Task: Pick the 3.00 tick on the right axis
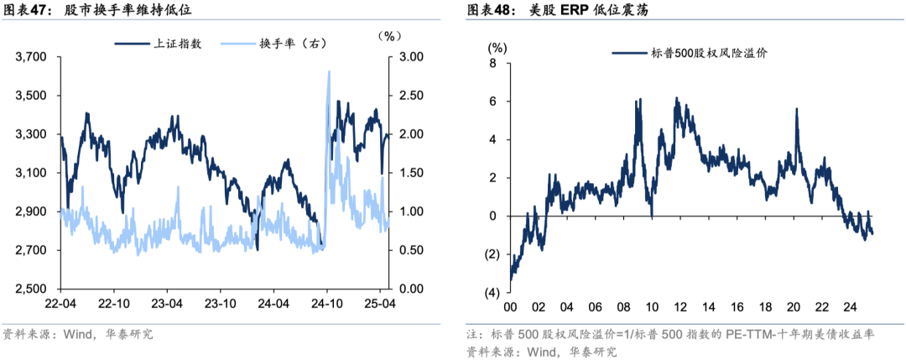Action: (x=410, y=57)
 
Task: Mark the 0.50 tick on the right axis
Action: (x=410, y=251)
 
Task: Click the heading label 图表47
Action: (x=23, y=10)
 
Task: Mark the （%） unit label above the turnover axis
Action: (x=391, y=35)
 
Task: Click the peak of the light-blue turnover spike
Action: (x=328, y=71)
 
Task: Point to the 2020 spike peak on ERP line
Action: (x=796, y=109)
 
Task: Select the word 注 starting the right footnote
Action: (x=472, y=334)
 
